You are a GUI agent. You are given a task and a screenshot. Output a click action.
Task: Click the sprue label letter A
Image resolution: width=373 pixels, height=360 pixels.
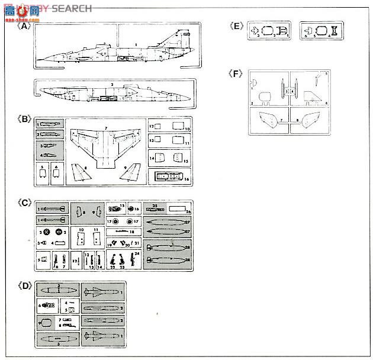[24, 26]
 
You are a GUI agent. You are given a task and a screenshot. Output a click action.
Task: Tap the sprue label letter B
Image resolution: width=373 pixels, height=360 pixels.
[24, 118]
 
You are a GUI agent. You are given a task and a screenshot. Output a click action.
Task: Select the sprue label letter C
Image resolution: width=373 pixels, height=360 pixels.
[24, 202]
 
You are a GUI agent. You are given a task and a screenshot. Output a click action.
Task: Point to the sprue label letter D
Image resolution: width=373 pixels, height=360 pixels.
[24, 287]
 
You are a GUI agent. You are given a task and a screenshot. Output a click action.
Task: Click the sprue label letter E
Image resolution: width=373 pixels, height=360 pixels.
[237, 26]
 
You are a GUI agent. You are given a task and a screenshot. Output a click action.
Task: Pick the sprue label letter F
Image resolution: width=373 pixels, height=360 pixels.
[237, 73]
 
